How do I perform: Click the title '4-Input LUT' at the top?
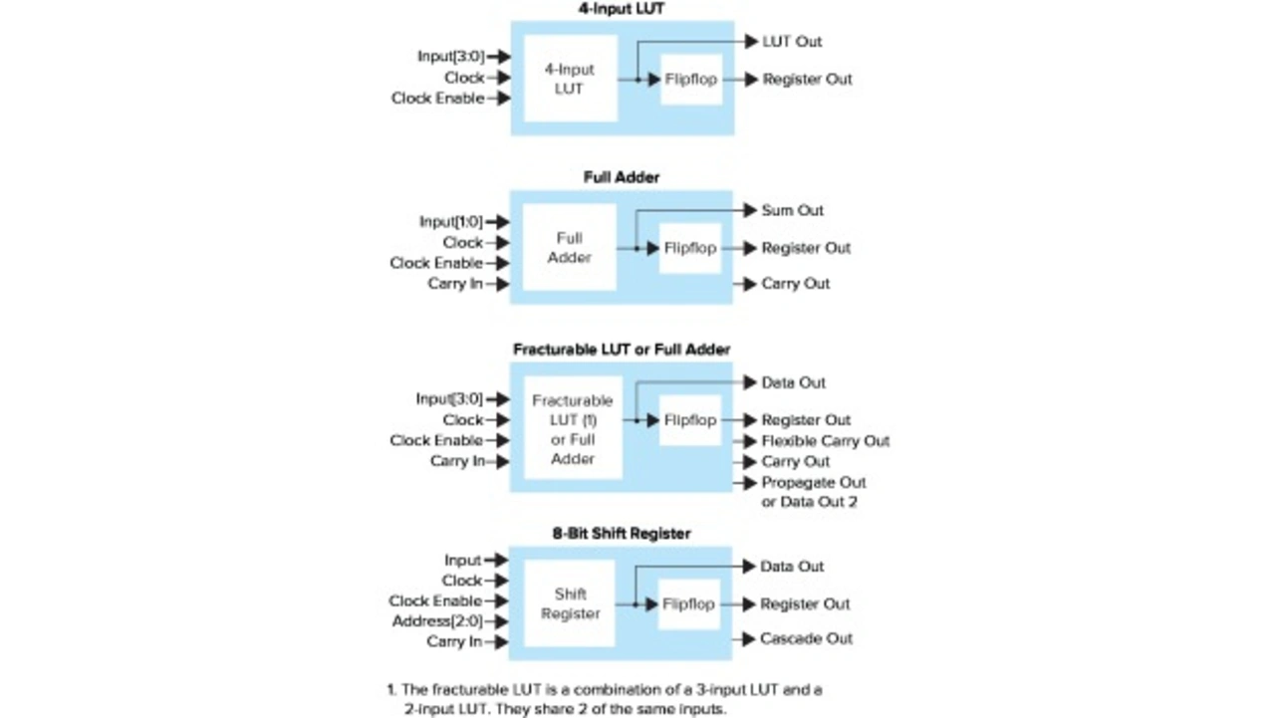622,9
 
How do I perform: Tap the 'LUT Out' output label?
792,42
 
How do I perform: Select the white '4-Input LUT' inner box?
570,80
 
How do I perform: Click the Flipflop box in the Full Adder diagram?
690,248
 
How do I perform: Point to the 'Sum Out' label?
792,211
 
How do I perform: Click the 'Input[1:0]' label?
450,222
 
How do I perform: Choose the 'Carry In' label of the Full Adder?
455,284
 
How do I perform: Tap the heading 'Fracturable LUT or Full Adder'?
622,350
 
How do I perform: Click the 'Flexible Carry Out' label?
825,441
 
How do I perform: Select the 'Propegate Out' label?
813,483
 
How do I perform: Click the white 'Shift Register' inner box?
571,603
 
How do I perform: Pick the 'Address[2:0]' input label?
437,621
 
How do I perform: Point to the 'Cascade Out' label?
806,638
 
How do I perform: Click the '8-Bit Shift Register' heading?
622,534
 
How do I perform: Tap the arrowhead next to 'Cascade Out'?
748,638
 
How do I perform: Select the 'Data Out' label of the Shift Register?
792,567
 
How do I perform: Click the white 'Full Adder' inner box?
569,248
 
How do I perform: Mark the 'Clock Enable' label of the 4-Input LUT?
437,99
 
